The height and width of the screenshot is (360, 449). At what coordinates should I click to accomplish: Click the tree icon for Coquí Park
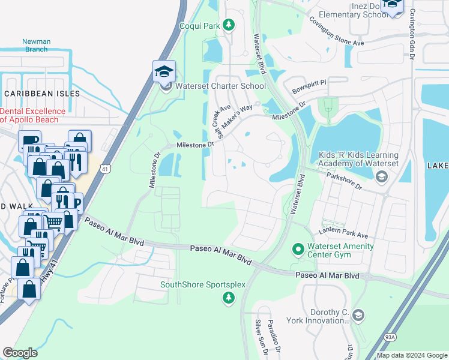228,25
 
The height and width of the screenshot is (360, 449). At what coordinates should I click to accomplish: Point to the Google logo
20,353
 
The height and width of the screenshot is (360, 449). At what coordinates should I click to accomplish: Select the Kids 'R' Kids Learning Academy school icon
381,176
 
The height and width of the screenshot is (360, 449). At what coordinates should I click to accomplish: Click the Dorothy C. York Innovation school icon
358,315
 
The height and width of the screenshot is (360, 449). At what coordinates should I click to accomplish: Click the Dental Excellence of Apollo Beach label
34,115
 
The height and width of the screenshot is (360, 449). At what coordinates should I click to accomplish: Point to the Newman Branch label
35,46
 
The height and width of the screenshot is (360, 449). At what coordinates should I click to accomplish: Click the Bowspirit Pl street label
309,83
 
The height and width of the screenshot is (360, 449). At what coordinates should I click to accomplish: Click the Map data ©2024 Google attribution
411,355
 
